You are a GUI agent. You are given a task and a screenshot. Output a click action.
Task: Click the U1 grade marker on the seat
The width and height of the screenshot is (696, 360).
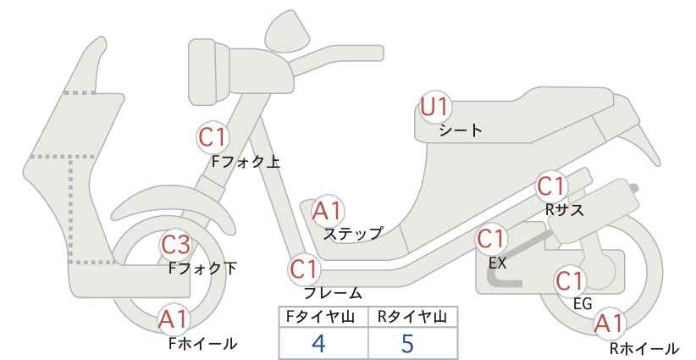tap(435, 107)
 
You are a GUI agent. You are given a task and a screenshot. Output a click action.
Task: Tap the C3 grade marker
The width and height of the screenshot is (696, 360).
tap(175, 244)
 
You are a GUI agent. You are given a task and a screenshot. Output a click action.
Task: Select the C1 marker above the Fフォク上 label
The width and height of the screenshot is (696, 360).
tap(213, 137)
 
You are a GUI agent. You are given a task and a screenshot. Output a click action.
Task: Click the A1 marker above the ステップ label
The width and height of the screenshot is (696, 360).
tap(327, 211)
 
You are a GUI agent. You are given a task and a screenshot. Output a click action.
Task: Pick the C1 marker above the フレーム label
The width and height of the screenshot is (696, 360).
tap(305, 269)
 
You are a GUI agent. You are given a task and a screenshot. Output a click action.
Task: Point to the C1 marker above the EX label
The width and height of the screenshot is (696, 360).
tap(491, 239)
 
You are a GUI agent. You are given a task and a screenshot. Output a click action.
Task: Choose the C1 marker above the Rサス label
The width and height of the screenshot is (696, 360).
tap(551, 186)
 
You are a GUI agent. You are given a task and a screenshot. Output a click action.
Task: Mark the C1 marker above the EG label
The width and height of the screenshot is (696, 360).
tap(570, 281)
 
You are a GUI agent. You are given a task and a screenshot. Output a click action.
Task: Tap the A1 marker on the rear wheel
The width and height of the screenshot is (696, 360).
tap(610, 324)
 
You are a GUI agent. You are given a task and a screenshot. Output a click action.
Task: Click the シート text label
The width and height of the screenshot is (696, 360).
tap(461, 130)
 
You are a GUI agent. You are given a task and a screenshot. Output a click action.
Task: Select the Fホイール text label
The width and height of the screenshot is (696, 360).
tap(203, 343)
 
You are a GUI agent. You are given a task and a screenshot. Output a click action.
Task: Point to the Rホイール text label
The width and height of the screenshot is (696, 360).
tap(644, 348)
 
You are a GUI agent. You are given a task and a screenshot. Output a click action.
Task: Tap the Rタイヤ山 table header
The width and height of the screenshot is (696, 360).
tap(412, 317)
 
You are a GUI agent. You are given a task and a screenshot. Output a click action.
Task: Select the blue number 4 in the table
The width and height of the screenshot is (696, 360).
tap(318, 343)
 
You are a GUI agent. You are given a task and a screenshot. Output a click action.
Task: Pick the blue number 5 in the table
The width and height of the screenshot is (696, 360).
tap(407, 343)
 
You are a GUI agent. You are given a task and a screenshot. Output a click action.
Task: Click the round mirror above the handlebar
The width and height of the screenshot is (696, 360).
tap(288, 29)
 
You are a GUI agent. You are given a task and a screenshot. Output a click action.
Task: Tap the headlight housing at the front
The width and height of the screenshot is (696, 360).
tap(209, 71)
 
